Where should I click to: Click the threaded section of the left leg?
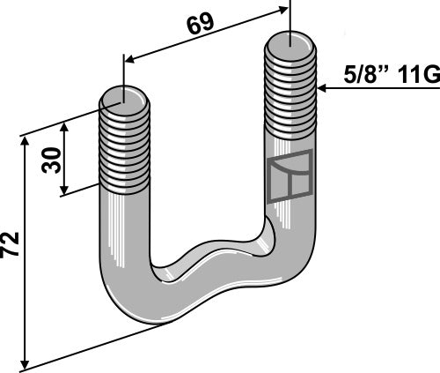pos(126,141)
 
